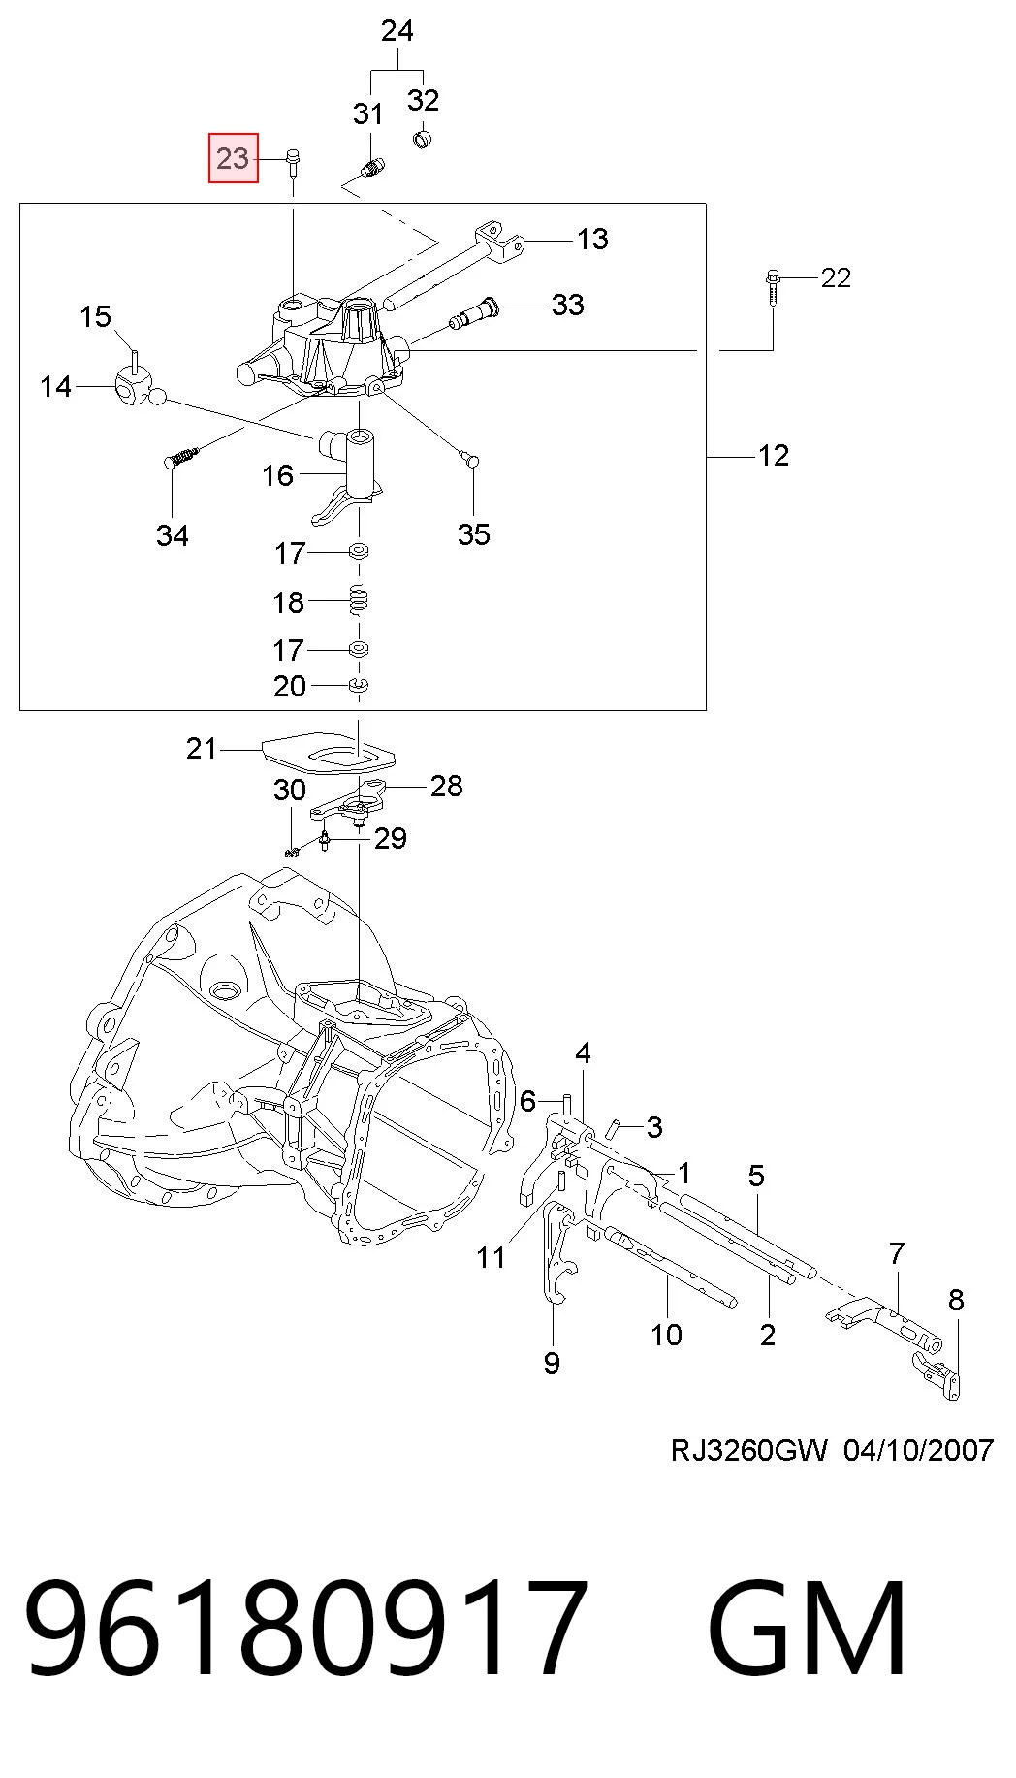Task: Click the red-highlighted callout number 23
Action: coord(233,158)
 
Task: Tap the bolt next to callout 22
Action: coord(772,288)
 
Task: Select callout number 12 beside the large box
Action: coord(774,455)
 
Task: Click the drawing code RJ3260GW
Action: coord(748,1450)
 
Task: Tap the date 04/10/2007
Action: coord(918,1450)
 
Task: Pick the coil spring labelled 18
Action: coord(359,601)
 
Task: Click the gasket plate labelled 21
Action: coord(330,751)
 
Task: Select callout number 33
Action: coord(568,305)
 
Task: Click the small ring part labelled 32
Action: coord(423,140)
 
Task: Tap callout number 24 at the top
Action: coord(397,31)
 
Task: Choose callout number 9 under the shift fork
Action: coord(552,1363)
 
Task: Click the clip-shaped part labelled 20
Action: coord(359,686)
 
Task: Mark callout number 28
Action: coord(446,786)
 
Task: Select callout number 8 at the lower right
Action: coord(956,1300)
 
